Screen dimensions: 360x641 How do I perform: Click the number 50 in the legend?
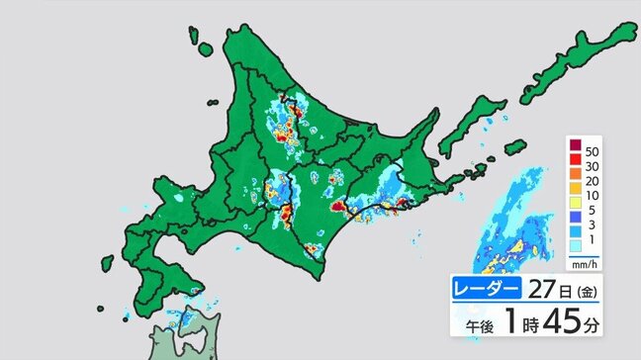coord(592,149)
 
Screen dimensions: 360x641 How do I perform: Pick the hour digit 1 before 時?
coord(512,322)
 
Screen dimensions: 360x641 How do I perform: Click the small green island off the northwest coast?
coord(206,46)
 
